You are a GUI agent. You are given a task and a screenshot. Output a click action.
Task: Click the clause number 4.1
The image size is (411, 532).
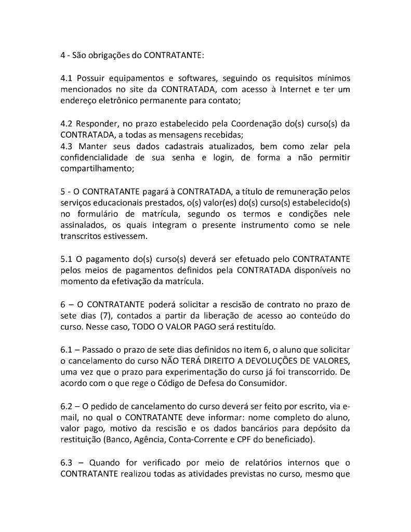click(x=66, y=78)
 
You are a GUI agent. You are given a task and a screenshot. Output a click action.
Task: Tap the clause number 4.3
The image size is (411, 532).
click(x=66, y=146)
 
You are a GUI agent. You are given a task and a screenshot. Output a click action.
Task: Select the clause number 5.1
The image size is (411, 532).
click(x=66, y=259)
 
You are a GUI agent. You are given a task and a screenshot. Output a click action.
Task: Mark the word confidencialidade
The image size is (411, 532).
click(x=94, y=157)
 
